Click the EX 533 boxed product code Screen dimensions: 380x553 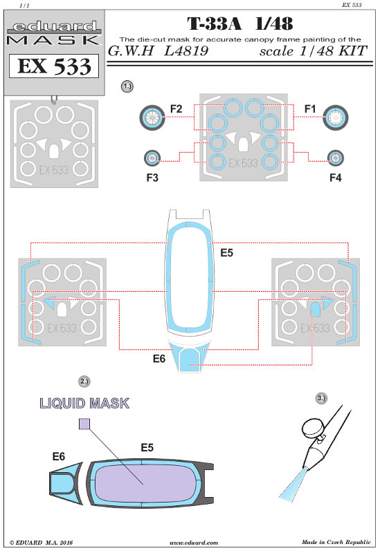coord(54,66)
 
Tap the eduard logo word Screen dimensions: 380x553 coord(55,26)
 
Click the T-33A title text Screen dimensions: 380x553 coord(215,24)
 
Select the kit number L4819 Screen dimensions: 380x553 coord(186,51)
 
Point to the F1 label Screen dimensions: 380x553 coord(309,109)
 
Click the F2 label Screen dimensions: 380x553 coord(176,109)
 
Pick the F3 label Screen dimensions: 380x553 coord(152,178)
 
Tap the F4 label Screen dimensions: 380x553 coord(335,178)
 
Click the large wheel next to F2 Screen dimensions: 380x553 coord(152,118)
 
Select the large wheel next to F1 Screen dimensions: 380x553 coord(336,118)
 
